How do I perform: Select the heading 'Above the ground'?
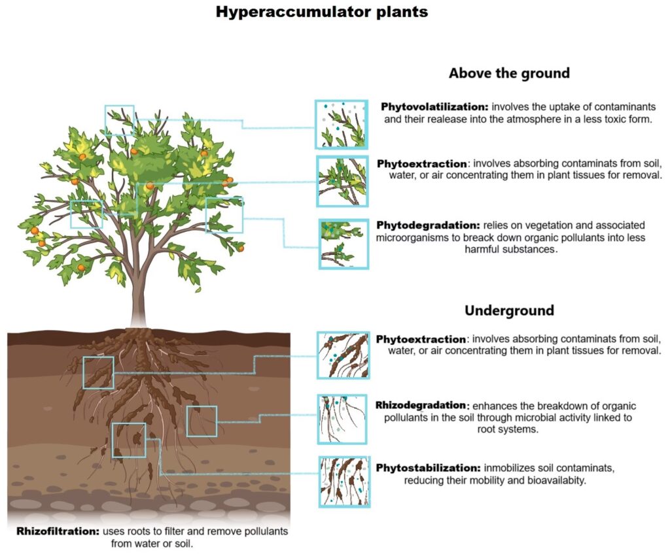[x=509, y=73]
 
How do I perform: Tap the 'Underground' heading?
[x=509, y=310]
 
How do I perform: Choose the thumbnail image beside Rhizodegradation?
[x=342, y=419]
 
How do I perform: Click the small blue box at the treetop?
[x=119, y=120]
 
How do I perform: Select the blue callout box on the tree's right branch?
[x=224, y=215]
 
